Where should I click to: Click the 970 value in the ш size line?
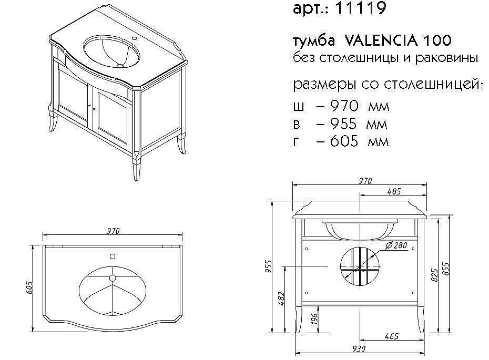(344, 107)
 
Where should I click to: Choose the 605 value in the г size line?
(344, 141)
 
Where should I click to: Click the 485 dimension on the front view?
(394, 191)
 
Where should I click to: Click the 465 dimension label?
(391, 336)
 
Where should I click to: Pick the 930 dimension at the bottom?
(359, 349)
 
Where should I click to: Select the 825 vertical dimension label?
(434, 275)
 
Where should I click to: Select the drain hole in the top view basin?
(112, 277)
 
